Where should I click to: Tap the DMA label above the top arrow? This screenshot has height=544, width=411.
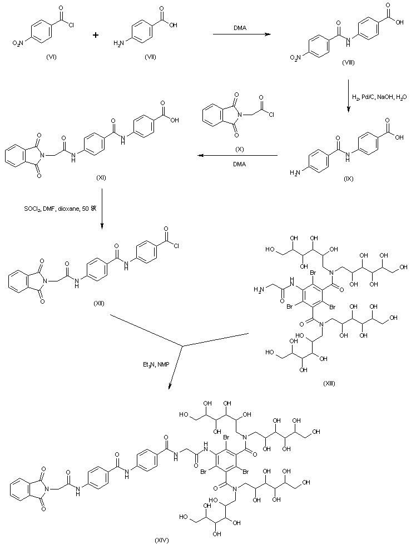point(240,27)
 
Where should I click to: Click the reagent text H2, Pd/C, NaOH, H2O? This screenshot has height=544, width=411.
point(380,98)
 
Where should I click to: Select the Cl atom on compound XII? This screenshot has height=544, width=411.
point(181,227)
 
